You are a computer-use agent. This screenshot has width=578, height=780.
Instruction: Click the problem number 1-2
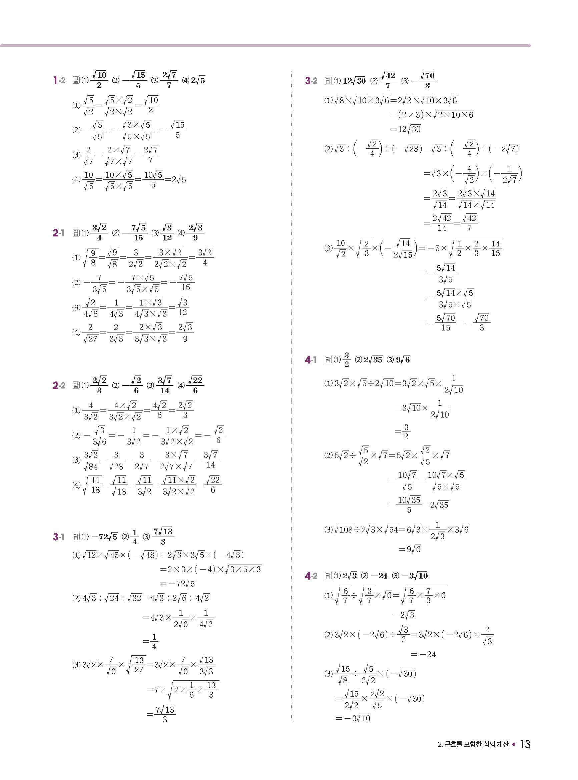[59, 80]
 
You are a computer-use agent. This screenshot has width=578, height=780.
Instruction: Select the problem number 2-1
[58, 233]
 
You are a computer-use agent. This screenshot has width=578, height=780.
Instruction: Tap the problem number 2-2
[59, 385]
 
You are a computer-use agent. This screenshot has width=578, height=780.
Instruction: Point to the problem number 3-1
[58, 537]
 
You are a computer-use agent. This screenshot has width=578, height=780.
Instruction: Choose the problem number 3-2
[311, 81]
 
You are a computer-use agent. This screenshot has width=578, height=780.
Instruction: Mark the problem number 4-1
[311, 359]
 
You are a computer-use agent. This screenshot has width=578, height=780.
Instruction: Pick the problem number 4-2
[311, 576]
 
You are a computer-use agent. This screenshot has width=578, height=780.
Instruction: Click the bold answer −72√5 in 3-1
[104, 537]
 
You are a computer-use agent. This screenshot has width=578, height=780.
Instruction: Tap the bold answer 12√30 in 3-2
[354, 81]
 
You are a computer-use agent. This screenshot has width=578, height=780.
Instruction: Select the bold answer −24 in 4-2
[379, 576]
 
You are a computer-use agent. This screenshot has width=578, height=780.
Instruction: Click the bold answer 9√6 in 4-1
[403, 359]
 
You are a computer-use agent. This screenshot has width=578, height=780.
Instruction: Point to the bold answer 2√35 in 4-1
[373, 359]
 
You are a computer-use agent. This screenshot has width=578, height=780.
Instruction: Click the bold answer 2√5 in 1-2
[198, 80]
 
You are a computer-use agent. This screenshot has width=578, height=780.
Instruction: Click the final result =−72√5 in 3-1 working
[177, 584]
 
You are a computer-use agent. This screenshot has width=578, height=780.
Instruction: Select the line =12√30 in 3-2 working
[405, 129]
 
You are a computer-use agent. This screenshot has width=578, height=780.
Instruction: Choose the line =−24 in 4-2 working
[423, 654]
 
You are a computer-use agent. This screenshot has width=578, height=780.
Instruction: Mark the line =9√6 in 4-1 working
[410, 549]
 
